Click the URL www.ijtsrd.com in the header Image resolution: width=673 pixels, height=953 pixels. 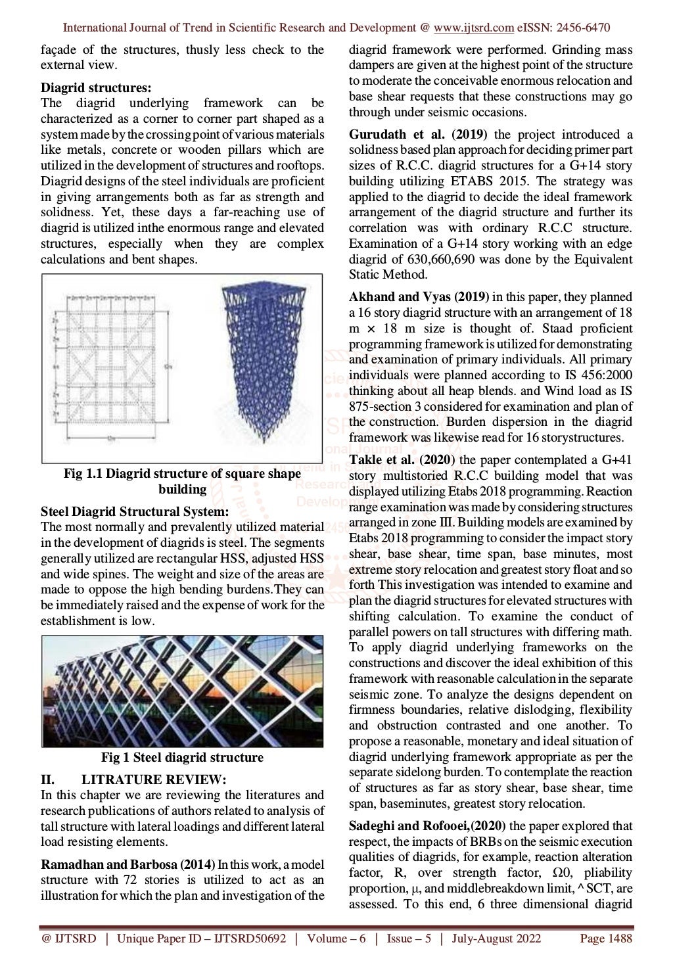tap(473, 28)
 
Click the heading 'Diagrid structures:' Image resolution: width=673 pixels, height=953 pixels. tap(96, 87)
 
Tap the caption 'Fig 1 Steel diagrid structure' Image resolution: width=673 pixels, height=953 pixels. tap(182, 757)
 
